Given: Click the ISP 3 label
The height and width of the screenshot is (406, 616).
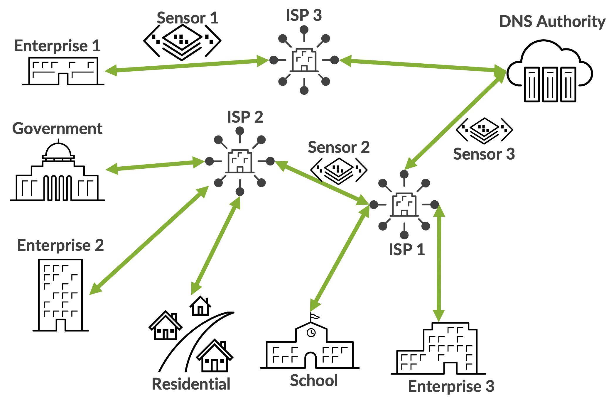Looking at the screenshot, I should click(304, 15).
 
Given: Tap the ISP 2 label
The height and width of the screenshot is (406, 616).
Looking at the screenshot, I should click(245, 117).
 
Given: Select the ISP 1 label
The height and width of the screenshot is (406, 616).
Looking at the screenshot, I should click(407, 250).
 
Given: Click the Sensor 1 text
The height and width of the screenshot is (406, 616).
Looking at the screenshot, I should click(187, 18).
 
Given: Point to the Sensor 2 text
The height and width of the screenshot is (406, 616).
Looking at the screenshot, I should click(338, 147).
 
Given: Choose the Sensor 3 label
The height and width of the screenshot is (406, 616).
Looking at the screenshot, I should click(484, 154).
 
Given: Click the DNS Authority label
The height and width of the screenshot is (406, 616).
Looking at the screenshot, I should click(552, 22).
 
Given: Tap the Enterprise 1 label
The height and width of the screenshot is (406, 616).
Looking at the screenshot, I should click(57, 46).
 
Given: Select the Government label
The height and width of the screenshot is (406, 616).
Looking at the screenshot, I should click(57, 129).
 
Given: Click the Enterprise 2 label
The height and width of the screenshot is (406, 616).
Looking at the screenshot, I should click(60, 245).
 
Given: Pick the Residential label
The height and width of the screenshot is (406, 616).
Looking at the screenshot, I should click(191, 384).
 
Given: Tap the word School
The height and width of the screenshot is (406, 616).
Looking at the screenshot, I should click(314, 380).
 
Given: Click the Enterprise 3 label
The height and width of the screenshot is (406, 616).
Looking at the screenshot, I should click(451, 386).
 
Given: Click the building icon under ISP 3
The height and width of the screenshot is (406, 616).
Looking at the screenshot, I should click(304, 60).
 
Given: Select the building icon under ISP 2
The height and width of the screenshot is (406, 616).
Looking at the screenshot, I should click(240, 161).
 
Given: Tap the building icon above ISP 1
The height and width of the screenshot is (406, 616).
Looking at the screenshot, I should click(404, 204).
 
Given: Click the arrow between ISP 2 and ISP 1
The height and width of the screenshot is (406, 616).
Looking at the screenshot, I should click(322, 182).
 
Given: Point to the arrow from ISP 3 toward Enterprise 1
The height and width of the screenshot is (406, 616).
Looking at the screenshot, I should click(187, 65).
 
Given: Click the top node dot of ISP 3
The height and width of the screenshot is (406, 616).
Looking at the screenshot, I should click(304, 30).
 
